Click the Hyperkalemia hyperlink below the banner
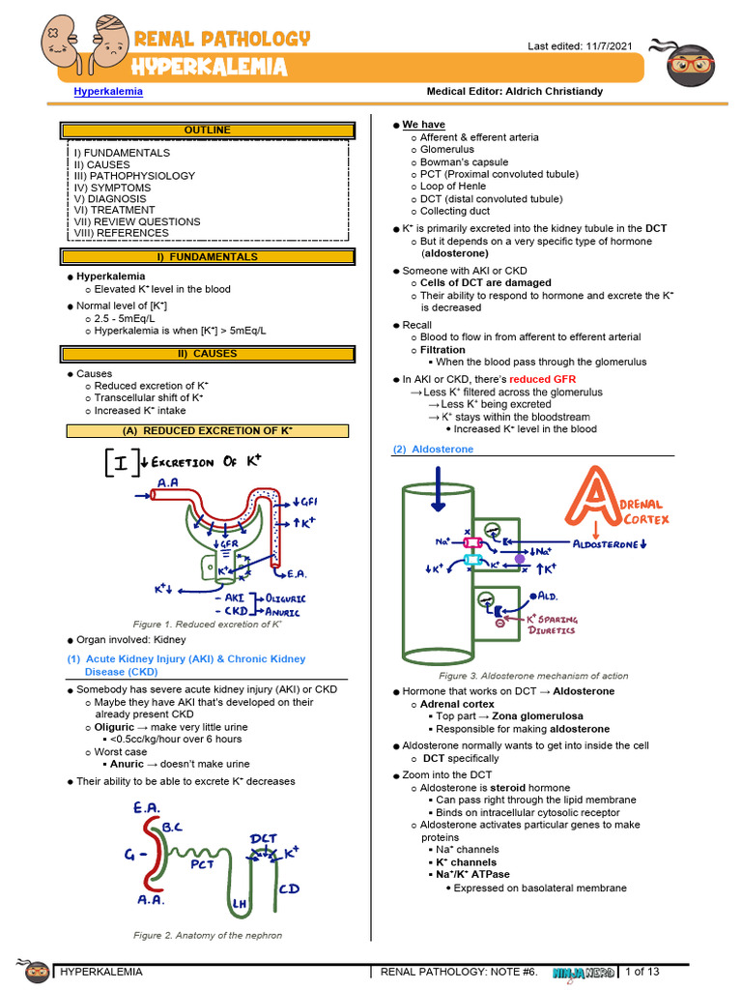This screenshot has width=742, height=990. [108, 92]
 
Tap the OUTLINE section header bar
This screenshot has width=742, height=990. [207, 131]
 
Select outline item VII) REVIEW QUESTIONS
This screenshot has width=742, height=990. [137, 221]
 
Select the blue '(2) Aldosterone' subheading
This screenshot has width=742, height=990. [433, 450]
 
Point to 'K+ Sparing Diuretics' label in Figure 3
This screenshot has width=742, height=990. [551, 625]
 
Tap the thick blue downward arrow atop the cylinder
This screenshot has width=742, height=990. [438, 486]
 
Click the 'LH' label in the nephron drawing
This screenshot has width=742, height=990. [241, 903]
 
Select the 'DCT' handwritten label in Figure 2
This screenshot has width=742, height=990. [264, 838]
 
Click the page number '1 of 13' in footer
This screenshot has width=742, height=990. [642, 972]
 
